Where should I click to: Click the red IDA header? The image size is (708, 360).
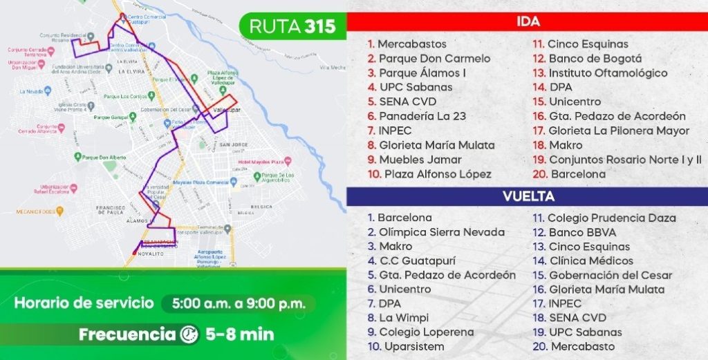(528, 22)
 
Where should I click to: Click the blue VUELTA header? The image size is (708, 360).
(528, 196)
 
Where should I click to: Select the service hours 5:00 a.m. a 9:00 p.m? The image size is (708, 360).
(238, 303)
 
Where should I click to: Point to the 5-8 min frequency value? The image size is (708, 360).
(240, 334)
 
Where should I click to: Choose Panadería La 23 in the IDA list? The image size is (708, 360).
(422, 116)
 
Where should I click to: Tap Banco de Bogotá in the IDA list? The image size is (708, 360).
(595, 59)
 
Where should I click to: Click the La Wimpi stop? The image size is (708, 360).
(404, 318)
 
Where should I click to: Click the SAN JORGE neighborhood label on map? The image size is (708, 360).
(233, 146)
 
